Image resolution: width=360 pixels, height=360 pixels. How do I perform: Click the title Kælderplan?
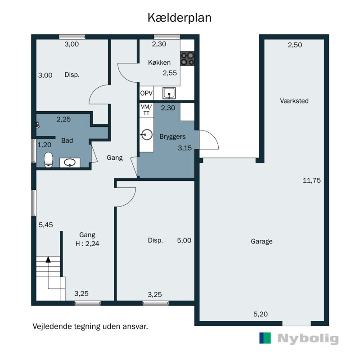pyautogui.click(x=180, y=18)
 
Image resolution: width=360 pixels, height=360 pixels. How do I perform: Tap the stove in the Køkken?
pyautogui.click(x=188, y=59)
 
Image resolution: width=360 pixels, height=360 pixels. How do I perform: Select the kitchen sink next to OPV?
pyautogui.click(x=170, y=93)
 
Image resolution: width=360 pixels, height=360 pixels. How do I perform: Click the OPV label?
pyautogui.click(x=146, y=94)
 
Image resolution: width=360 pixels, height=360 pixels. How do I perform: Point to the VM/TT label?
pyautogui.click(x=146, y=110)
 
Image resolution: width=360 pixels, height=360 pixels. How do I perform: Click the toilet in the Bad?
pyautogui.click(x=48, y=160)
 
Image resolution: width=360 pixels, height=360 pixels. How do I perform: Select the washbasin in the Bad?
pyautogui.click(x=70, y=162)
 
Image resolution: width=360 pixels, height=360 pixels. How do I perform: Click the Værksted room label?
pyautogui.click(x=294, y=101)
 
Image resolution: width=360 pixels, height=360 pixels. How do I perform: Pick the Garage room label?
pyautogui.click(x=261, y=241)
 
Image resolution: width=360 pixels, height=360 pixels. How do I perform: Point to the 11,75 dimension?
pyautogui.click(x=311, y=180)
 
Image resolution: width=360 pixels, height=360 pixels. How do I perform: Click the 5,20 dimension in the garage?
pyautogui.click(x=261, y=314)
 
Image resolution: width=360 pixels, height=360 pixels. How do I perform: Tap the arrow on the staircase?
pyautogui.click(x=48, y=259)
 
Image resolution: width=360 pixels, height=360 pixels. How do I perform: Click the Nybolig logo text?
pyautogui.click(x=308, y=338)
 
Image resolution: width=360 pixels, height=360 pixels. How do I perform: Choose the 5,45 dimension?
pyautogui.click(x=46, y=225)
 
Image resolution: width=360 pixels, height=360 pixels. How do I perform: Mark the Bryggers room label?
pyautogui.click(x=172, y=136)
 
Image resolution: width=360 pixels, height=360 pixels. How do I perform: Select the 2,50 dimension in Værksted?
pyautogui.click(x=295, y=45)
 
